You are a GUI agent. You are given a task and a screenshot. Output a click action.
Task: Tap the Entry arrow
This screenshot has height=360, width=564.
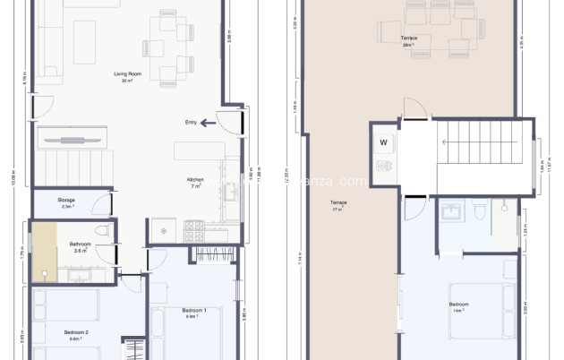coord(209,123)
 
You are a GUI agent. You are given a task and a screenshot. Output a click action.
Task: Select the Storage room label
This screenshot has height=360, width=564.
coord(66,202)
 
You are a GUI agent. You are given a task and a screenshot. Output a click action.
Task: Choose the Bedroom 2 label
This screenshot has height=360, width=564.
coord(75,335)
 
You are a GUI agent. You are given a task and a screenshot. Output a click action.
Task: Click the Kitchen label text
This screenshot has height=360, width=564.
coord(194,181)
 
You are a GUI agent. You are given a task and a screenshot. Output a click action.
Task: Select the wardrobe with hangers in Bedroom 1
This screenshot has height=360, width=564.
coord(215,254)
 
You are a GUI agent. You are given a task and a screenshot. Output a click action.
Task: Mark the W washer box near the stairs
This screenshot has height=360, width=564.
coord(383,142)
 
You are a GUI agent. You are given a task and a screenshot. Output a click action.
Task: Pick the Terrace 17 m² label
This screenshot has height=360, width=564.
coord(338,205)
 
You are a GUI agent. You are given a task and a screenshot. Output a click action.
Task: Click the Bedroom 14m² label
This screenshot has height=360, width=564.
coord(458,306)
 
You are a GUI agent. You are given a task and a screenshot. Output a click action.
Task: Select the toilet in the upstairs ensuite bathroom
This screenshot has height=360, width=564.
coord(480,210)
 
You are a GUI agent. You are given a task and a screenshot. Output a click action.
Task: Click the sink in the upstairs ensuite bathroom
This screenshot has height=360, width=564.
coord(450,211)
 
